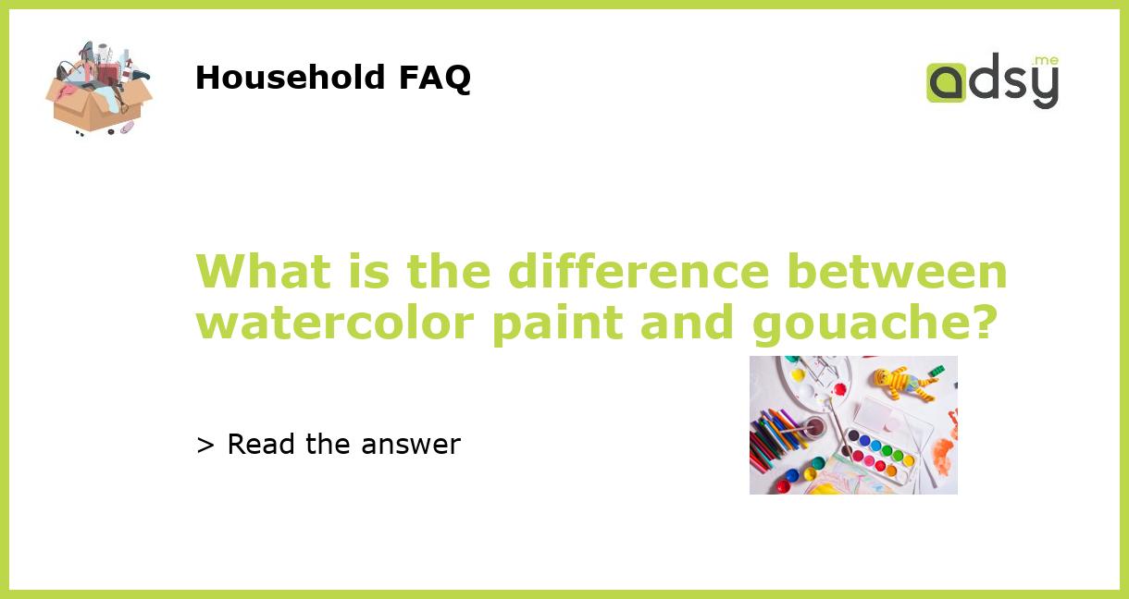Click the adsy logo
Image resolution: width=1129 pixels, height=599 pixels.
coord(992,81)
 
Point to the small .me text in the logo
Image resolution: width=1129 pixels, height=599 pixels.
coord(1046,60)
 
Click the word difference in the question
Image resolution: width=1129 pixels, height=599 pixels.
coord(638,272)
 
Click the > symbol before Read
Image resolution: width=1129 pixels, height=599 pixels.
coord(205,445)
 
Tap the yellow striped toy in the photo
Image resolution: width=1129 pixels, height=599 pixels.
coord(903,382)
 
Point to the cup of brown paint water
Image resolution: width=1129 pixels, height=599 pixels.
coord(813,427)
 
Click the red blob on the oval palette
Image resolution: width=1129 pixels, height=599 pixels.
coord(838,388)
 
